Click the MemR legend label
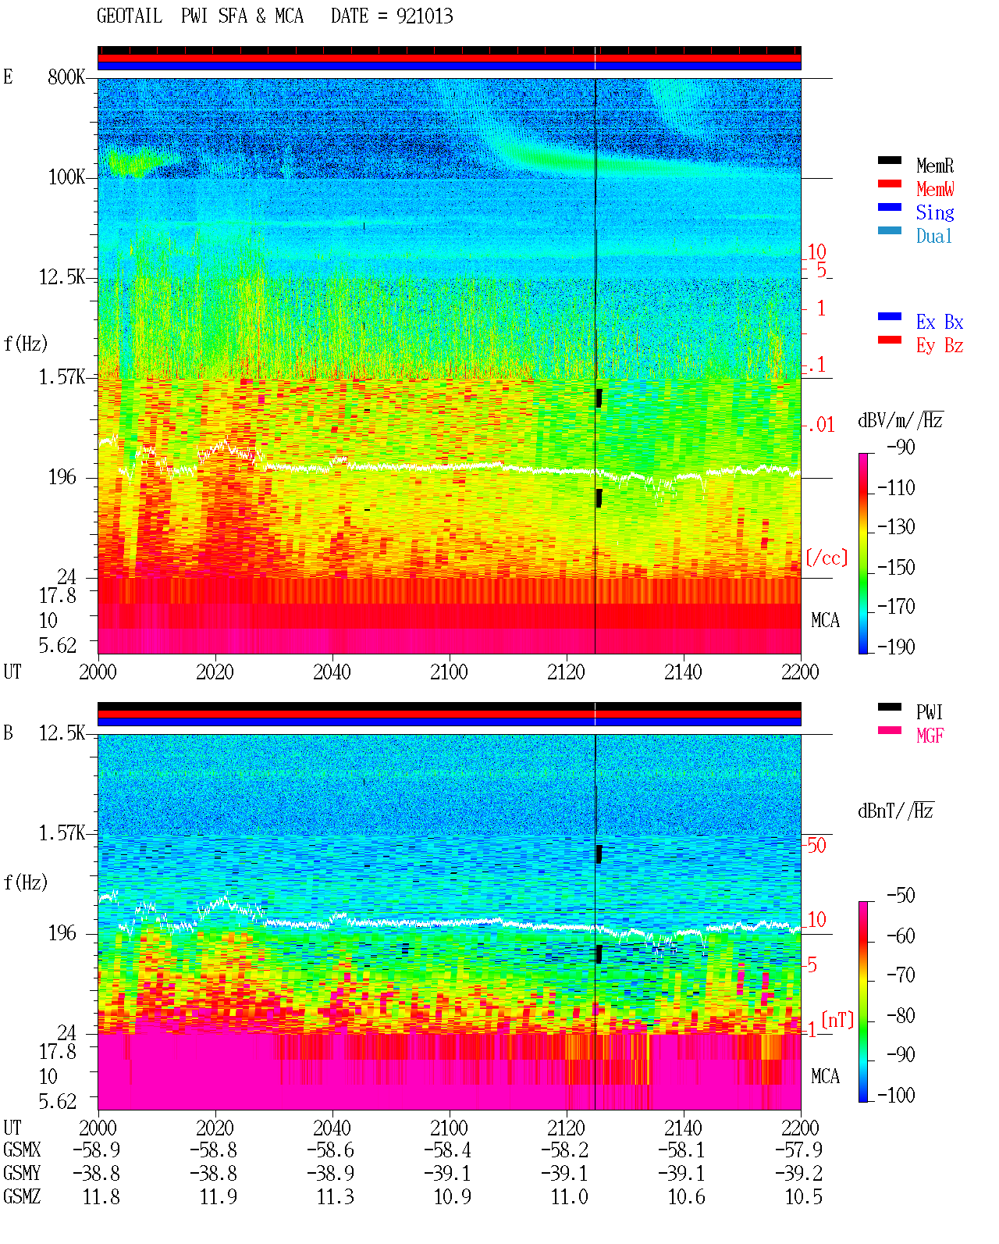coord(934,166)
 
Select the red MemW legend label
coord(934,189)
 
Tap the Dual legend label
coord(933,236)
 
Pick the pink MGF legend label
coord(930,736)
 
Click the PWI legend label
coord(929,712)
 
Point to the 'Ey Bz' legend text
coord(940,345)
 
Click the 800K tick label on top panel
coord(66,77)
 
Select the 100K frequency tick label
coord(66,177)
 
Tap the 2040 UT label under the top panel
coord(332,672)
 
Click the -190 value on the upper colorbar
coord(896,647)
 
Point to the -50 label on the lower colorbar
coord(901,896)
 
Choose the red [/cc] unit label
coord(827,558)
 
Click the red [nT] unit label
coord(837,1020)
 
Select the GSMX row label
coord(22,1150)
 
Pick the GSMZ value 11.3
coord(335,1196)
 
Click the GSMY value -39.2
coord(798,1174)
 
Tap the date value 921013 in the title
coord(425,16)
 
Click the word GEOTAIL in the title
coord(130,16)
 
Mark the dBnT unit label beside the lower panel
coord(895,811)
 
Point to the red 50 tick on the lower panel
coord(816,846)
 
